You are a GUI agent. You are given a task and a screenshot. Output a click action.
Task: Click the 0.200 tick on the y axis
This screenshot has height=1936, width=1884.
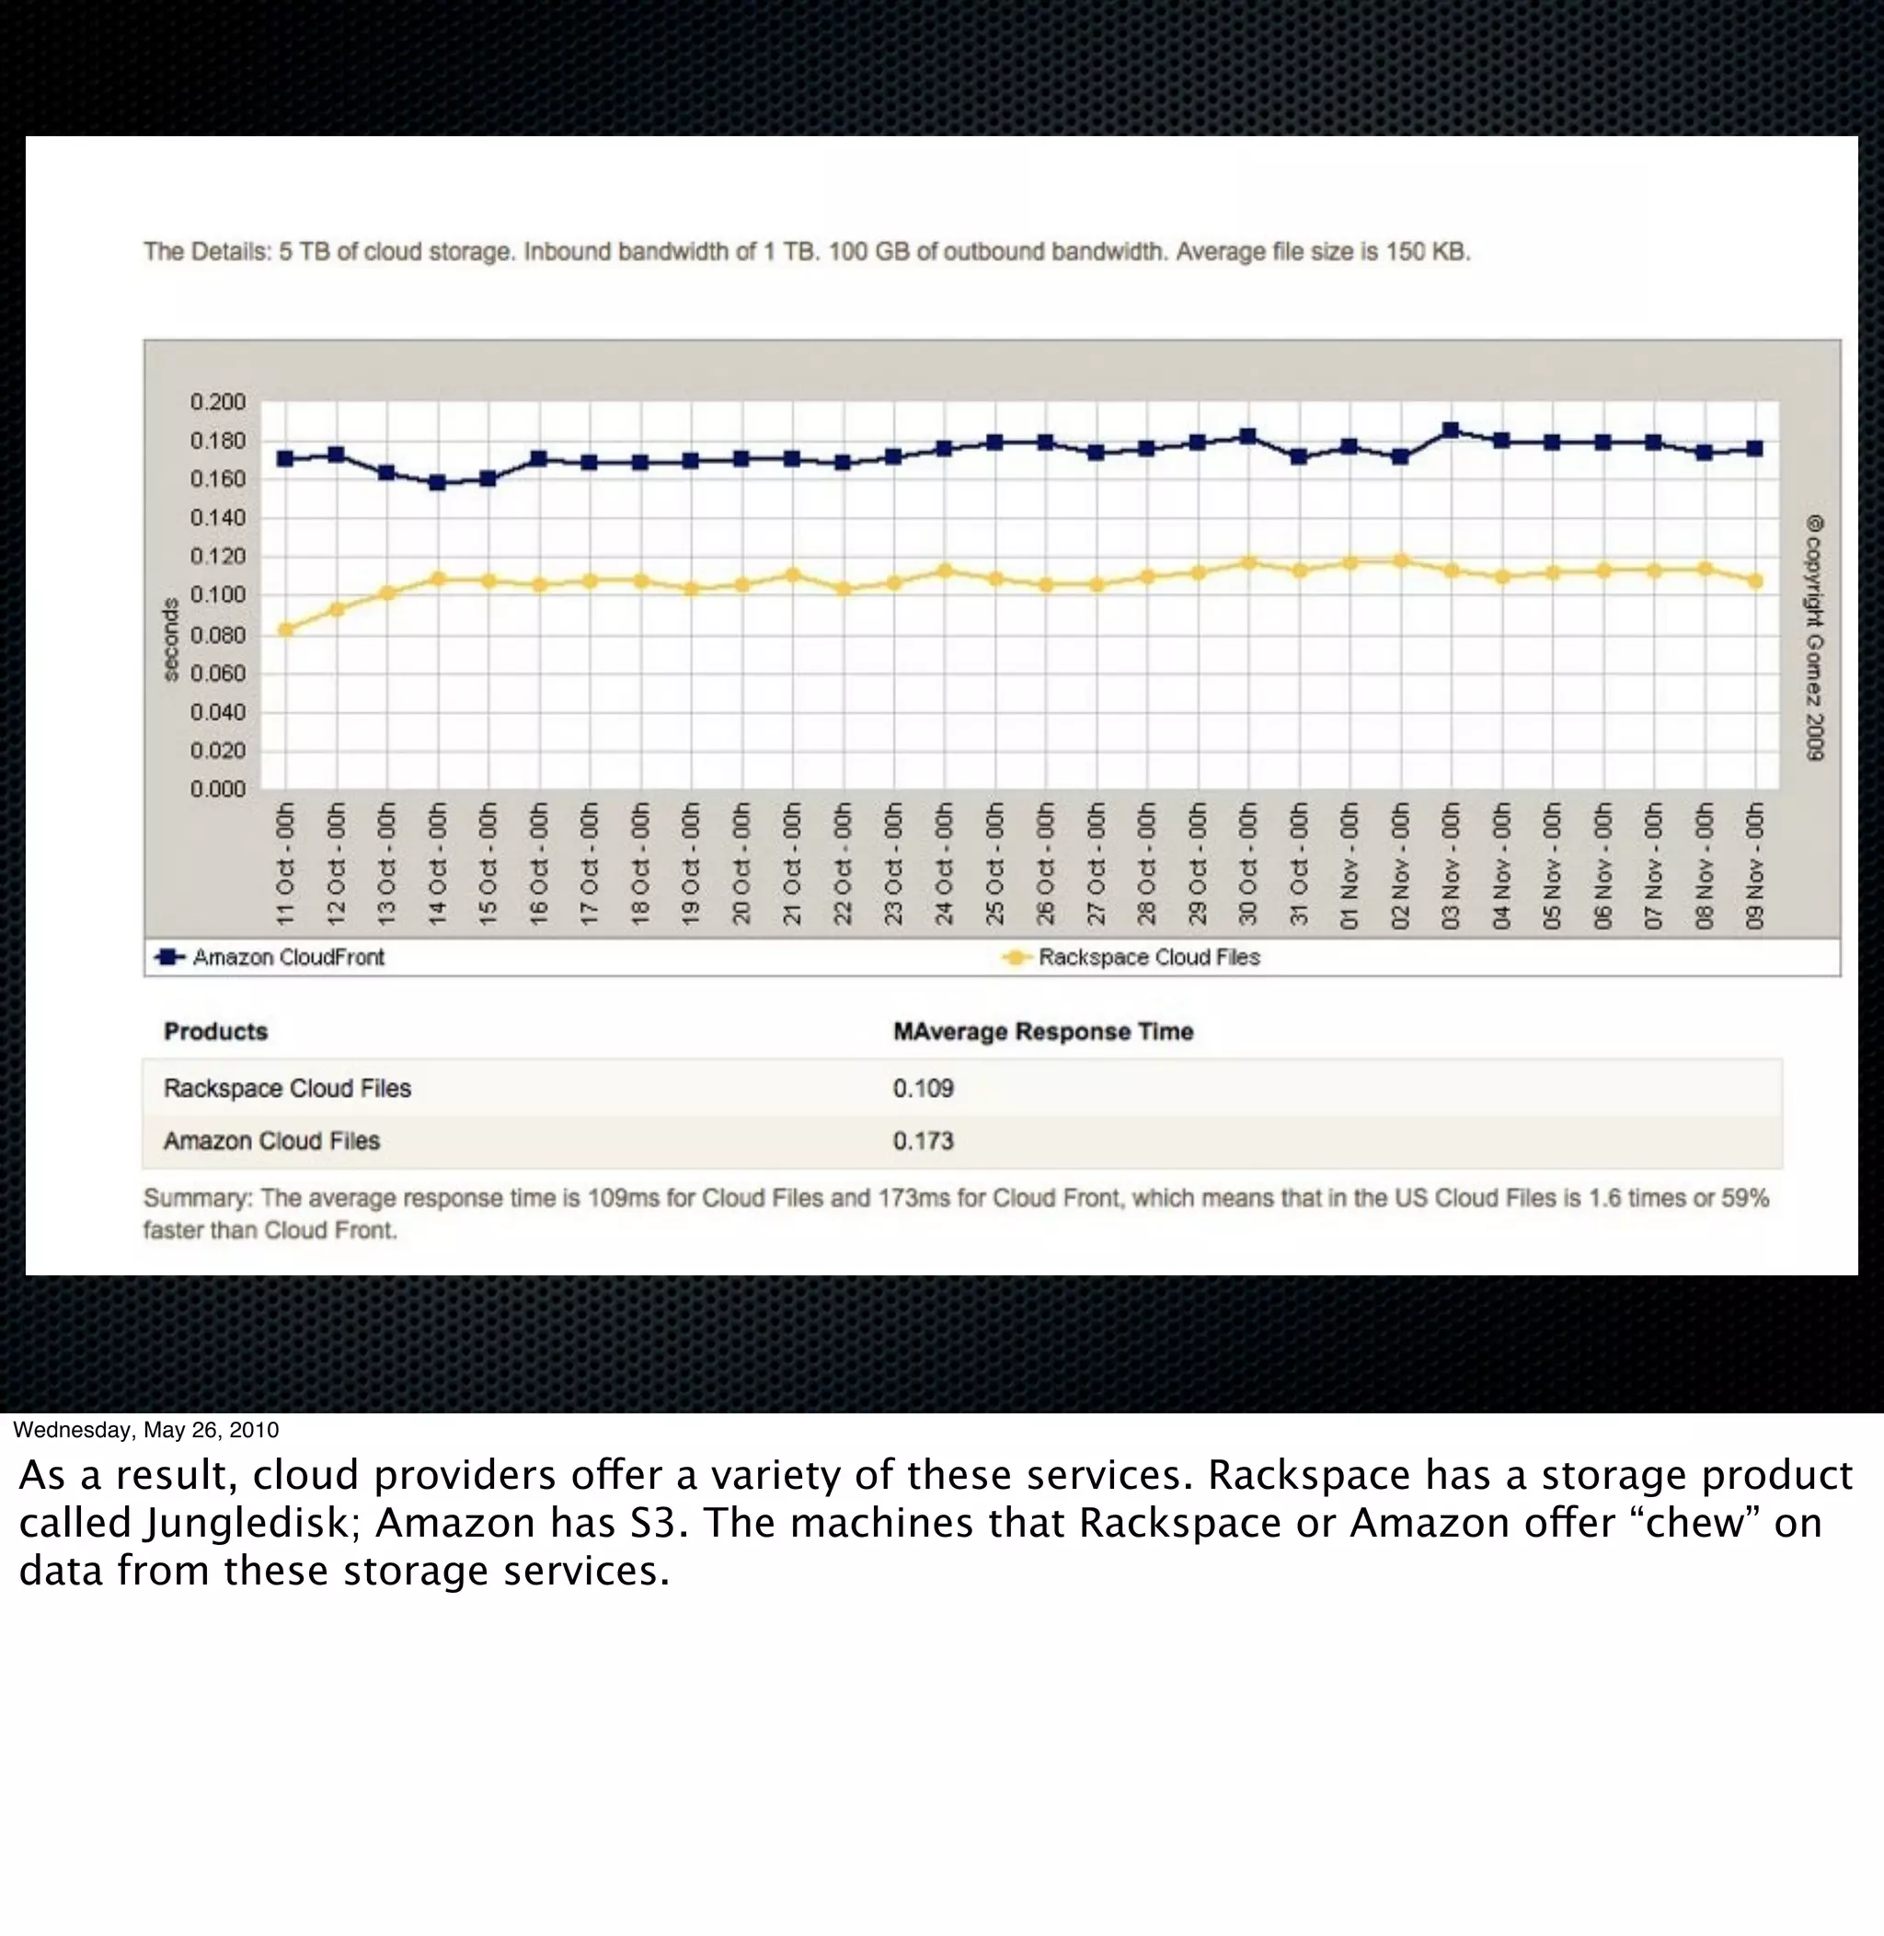click(x=218, y=402)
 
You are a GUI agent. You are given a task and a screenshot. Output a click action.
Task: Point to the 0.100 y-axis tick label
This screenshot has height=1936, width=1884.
click(x=218, y=594)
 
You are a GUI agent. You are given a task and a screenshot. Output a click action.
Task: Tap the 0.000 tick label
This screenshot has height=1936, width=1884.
click(x=218, y=789)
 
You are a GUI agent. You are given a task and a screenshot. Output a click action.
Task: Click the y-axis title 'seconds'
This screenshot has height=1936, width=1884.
click(x=170, y=640)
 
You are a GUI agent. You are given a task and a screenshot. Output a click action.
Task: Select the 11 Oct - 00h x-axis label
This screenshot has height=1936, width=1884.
click(x=286, y=864)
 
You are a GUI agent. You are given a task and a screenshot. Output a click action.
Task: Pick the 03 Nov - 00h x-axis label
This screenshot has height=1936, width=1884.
click(x=1451, y=864)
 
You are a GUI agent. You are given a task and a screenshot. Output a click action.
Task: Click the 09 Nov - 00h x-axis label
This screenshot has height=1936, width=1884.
click(x=1754, y=864)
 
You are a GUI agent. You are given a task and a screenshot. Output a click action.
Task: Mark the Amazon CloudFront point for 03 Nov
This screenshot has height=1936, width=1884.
click(x=1451, y=431)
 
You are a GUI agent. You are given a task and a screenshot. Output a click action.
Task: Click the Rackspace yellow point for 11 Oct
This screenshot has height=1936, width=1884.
click(x=286, y=629)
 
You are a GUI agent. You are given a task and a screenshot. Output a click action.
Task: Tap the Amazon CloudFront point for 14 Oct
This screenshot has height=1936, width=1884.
click(x=437, y=483)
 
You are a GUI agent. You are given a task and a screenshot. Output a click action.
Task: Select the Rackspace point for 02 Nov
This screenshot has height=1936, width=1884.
click(x=1400, y=561)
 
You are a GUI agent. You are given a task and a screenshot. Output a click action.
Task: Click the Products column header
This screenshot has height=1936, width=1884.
click(x=215, y=1031)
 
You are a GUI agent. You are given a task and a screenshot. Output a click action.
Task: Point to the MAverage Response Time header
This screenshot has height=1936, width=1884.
click(x=1043, y=1031)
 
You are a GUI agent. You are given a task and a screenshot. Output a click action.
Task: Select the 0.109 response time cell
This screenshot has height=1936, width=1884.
click(x=924, y=1089)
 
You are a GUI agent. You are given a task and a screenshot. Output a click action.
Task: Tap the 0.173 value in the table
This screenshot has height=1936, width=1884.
click(x=924, y=1141)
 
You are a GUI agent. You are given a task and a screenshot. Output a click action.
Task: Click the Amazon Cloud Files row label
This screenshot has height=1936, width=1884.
click(x=271, y=1141)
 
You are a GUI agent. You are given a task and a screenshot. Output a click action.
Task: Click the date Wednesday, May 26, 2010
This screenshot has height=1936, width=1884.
click(x=145, y=1430)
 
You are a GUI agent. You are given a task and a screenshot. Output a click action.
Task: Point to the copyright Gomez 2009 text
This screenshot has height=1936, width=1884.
click(x=1814, y=638)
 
